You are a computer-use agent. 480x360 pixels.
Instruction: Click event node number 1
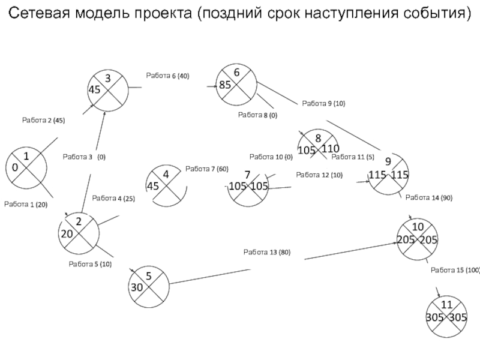(x=26, y=168)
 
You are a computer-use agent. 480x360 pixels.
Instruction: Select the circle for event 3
(x=108, y=91)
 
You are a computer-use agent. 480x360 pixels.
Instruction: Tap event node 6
(x=236, y=85)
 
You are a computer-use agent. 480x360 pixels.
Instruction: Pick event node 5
(x=149, y=287)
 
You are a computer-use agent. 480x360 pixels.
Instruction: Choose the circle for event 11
(x=446, y=317)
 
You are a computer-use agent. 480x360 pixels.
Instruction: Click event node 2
(x=79, y=233)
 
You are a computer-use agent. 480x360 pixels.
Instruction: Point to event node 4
(x=166, y=185)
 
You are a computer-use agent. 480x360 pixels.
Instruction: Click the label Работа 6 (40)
(x=167, y=76)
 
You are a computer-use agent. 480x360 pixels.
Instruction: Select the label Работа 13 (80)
(x=267, y=252)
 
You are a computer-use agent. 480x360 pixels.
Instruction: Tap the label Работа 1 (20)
(x=26, y=205)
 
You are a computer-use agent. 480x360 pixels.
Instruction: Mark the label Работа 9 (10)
(x=323, y=103)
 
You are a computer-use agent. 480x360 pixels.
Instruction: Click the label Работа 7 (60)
(x=207, y=169)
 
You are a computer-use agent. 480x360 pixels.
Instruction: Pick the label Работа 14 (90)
(x=429, y=198)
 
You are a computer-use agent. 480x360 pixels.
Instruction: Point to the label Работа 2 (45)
(x=43, y=121)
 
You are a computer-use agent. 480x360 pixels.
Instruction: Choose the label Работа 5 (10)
(x=90, y=264)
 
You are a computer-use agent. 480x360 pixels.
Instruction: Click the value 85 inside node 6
(x=225, y=85)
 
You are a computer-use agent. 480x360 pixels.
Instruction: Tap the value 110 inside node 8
(x=331, y=149)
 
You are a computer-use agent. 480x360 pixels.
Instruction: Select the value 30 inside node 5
(x=137, y=287)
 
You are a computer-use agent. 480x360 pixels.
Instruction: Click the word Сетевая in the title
(x=39, y=13)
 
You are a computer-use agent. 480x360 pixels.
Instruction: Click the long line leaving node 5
(x=210, y=277)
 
